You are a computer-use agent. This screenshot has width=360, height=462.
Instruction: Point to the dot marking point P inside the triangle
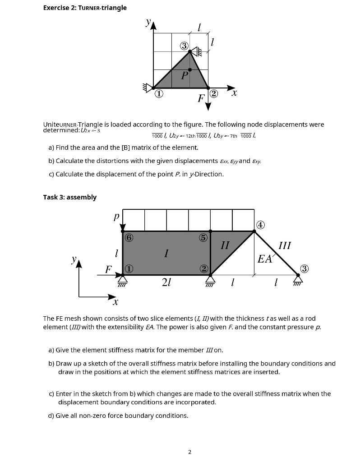pyautogui.click(x=190, y=69)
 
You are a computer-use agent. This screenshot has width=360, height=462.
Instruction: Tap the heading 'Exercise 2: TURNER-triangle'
pyautogui.click(x=85, y=8)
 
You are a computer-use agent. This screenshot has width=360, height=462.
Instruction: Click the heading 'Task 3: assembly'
pyautogui.click(x=69, y=197)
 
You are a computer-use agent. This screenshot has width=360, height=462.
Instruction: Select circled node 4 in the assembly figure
pyautogui.click(x=260, y=225)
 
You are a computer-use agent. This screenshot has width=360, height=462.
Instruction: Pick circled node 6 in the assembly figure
pyautogui.click(x=129, y=237)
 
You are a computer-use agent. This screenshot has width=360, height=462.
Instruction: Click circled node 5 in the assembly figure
pyautogui.click(x=203, y=237)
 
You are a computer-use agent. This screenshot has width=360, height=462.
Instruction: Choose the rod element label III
pyautogui.click(x=285, y=245)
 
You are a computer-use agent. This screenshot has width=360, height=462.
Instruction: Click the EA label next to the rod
pyautogui.click(x=264, y=259)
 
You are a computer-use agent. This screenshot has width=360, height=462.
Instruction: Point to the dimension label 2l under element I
pyautogui.click(x=166, y=283)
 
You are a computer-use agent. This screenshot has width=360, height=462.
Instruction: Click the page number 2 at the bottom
pyautogui.click(x=190, y=452)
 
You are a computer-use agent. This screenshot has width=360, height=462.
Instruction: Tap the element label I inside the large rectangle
pyautogui.click(x=166, y=254)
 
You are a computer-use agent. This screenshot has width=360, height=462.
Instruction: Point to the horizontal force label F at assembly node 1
pyautogui.click(x=108, y=270)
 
